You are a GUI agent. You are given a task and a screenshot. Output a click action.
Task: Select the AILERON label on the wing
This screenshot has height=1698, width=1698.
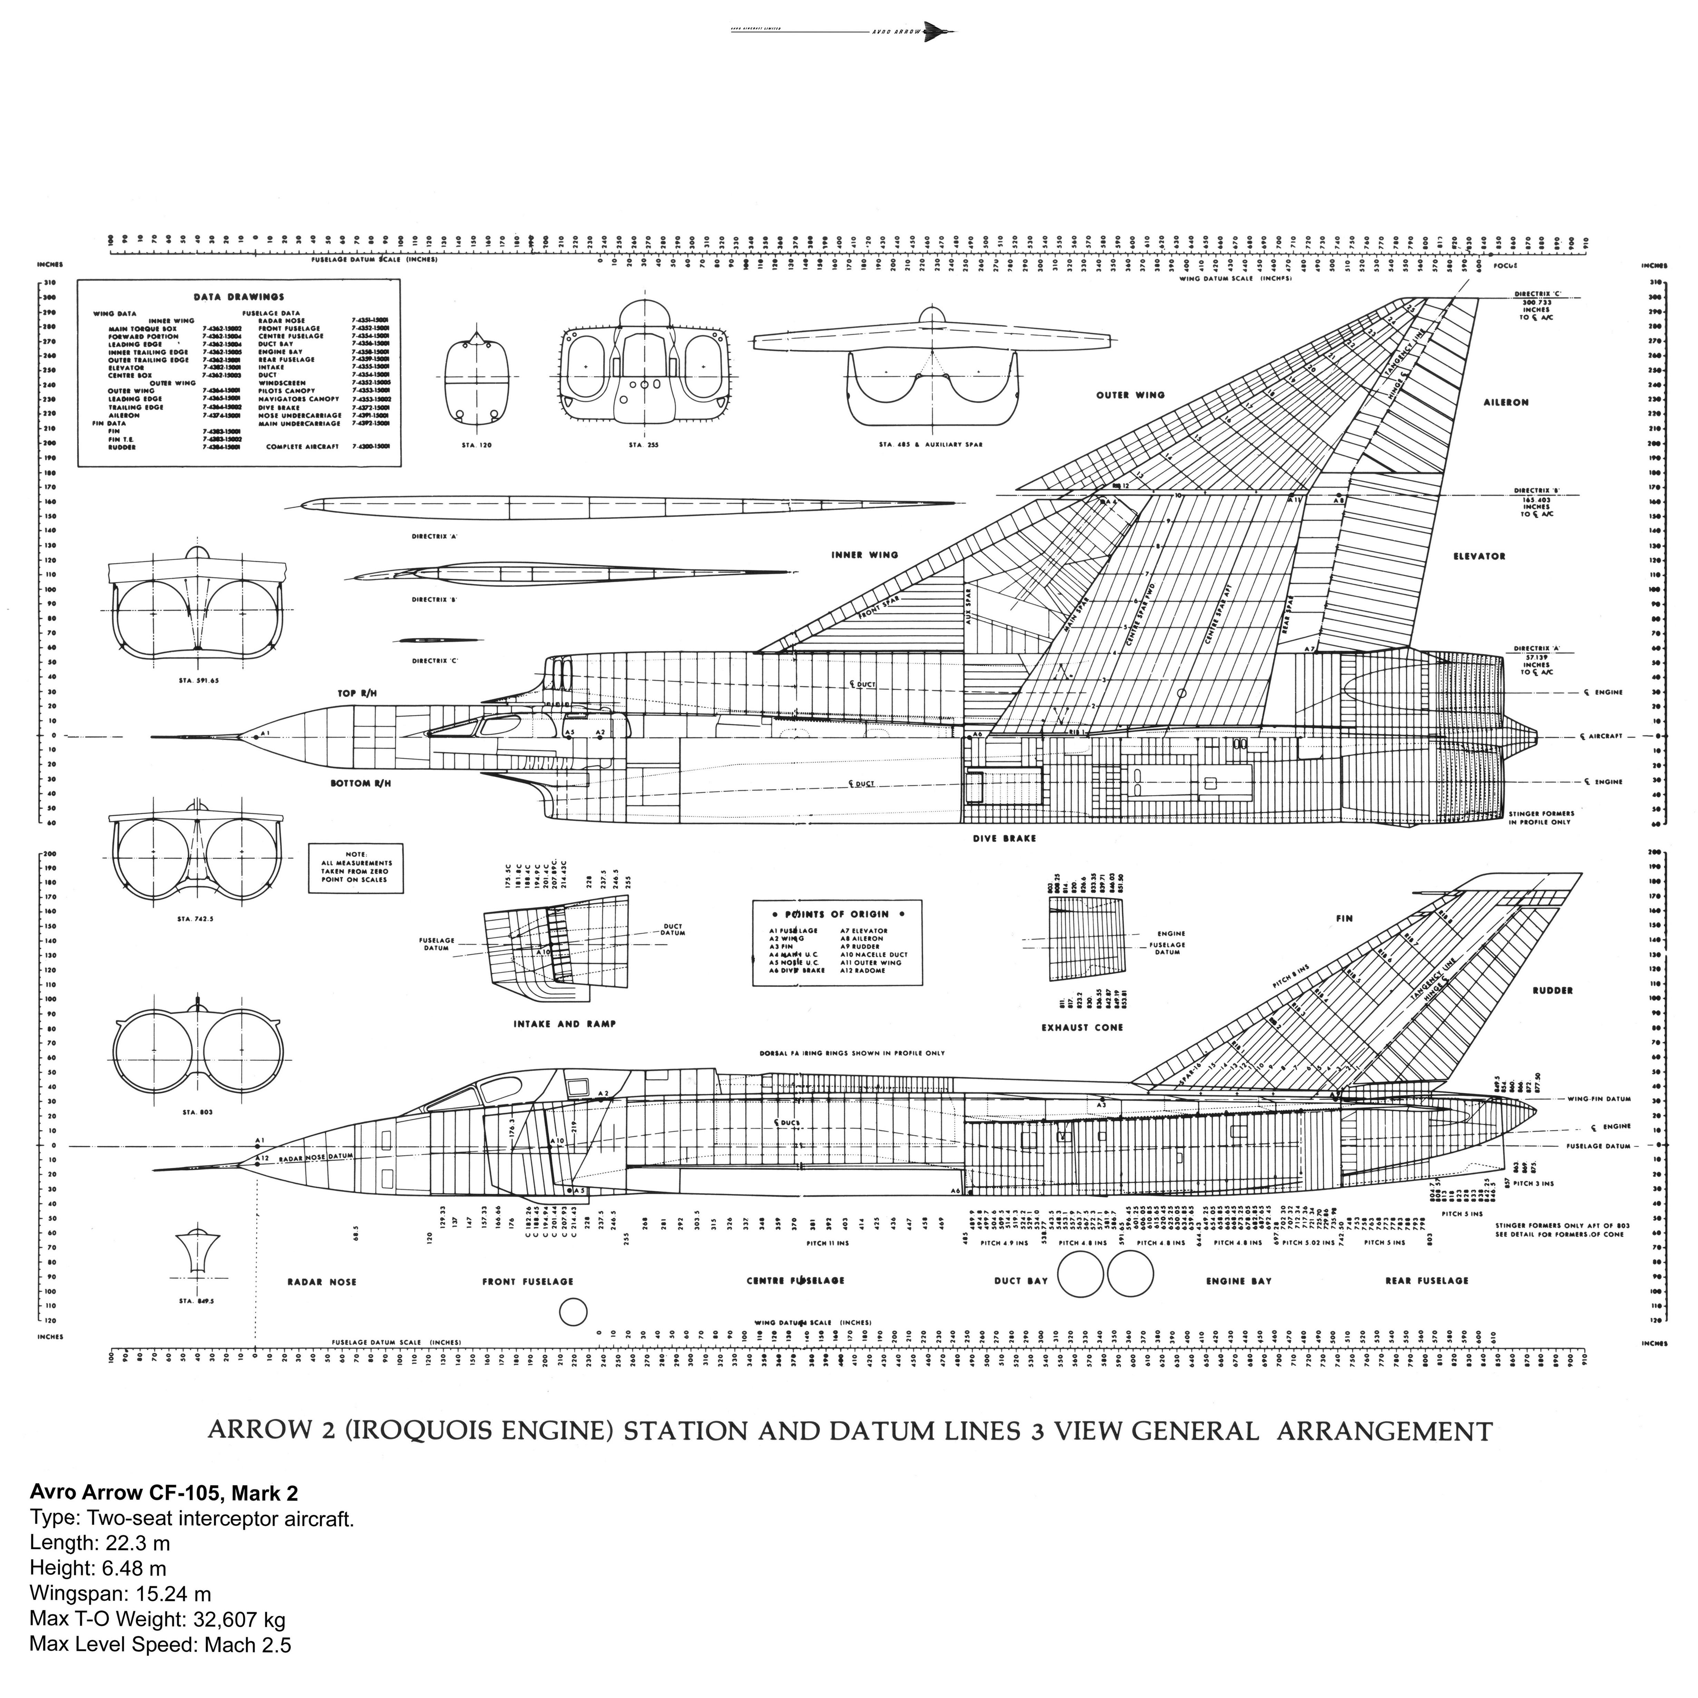pos(1506,402)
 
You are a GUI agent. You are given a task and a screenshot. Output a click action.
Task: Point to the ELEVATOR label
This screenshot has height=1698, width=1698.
pos(1479,556)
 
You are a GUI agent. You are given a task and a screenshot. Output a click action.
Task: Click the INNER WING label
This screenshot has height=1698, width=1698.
pos(865,555)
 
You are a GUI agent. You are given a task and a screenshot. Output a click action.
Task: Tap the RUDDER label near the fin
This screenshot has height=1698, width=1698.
pos(1552,990)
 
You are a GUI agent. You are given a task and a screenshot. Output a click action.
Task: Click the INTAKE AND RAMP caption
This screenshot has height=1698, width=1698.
pos(564,1024)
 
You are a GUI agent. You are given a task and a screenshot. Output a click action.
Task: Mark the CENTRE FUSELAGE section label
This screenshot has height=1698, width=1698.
pos(796,1280)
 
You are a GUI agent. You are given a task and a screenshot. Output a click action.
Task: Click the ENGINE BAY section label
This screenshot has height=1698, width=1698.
pos(1238,1281)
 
